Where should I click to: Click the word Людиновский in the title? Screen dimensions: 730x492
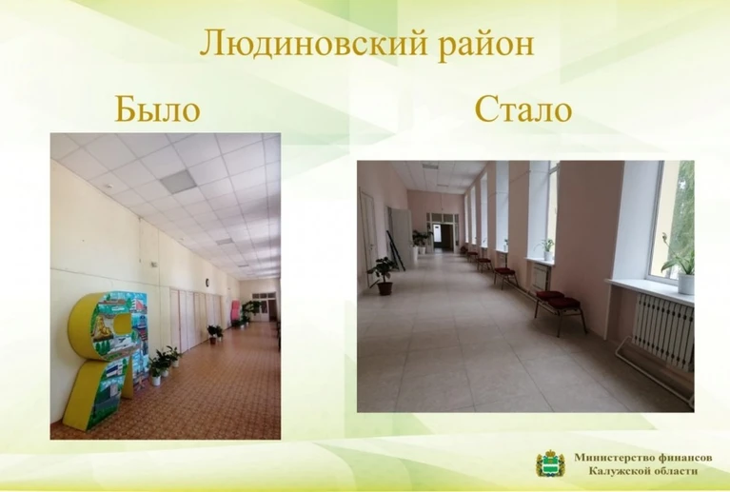(x=313, y=44)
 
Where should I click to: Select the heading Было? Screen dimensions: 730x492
(x=157, y=108)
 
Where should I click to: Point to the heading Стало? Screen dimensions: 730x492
(x=523, y=108)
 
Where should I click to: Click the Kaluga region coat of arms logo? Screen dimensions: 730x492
(x=550, y=463)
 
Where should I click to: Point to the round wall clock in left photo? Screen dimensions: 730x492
(x=207, y=282)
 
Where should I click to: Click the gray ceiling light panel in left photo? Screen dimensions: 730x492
(x=178, y=182)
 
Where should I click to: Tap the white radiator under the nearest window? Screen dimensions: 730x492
(x=663, y=330)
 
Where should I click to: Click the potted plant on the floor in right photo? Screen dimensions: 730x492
(x=383, y=276)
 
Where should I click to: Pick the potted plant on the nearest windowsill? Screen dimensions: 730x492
(x=680, y=265)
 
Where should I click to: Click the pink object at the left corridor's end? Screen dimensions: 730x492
(x=236, y=311)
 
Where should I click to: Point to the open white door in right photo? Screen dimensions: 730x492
(x=401, y=237)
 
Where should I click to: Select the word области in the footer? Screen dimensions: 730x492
(x=670, y=471)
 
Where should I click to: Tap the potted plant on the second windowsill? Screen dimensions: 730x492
(x=546, y=249)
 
